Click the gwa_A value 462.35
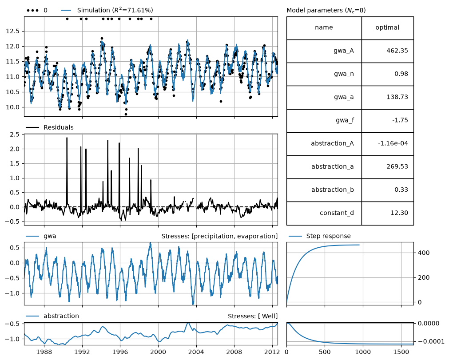[x=397, y=51]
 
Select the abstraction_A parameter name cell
[x=324, y=144]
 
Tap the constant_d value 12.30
[x=399, y=213]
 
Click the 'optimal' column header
[x=387, y=28]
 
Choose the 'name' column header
[x=324, y=28]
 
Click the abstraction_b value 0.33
[x=401, y=190]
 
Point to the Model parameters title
[x=326, y=10]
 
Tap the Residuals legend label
[x=59, y=127]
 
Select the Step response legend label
[x=329, y=236]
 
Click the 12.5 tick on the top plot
[x=12, y=31]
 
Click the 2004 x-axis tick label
[x=196, y=352]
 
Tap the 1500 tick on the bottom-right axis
[x=401, y=352]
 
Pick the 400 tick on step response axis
[x=424, y=253]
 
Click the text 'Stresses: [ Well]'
[x=253, y=316]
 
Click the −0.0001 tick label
[x=431, y=341]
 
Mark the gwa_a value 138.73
[x=397, y=97]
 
